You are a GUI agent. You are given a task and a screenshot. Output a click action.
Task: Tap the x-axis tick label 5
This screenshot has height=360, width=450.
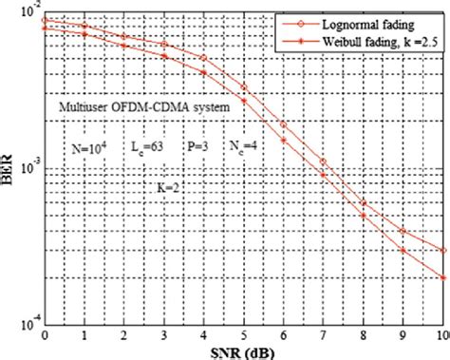pos(244,335)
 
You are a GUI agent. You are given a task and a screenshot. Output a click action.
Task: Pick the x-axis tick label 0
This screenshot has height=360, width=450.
pos(45,335)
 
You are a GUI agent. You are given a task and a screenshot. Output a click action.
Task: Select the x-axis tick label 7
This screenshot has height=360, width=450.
pos(324,335)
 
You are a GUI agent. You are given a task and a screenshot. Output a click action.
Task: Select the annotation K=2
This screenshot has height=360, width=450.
pos(168,189)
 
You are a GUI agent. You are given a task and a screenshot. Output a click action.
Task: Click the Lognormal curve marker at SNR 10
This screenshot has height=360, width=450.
pos(442,250)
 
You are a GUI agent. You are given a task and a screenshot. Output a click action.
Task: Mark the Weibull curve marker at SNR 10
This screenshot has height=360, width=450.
pos(442,277)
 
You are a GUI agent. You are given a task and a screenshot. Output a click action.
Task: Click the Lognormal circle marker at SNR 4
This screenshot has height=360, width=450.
pos(204,58)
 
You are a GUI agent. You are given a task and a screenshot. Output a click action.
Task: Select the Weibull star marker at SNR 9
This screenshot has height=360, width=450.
pos(403,251)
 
